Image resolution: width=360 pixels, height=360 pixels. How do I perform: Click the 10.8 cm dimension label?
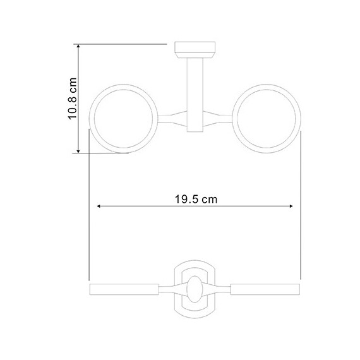(73, 99)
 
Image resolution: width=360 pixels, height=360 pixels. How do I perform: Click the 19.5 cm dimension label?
(196, 199)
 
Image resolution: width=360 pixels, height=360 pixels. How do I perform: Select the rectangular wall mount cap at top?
(195, 50)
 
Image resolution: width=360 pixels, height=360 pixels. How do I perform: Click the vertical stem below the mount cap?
(195, 95)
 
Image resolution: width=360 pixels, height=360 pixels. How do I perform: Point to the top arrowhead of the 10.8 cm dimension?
(78, 46)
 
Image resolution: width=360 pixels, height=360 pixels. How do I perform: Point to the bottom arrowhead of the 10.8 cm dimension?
(78, 151)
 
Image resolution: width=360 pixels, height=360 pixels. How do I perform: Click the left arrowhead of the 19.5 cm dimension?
(99, 206)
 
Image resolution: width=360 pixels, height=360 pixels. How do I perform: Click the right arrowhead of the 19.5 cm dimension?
(291, 206)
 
